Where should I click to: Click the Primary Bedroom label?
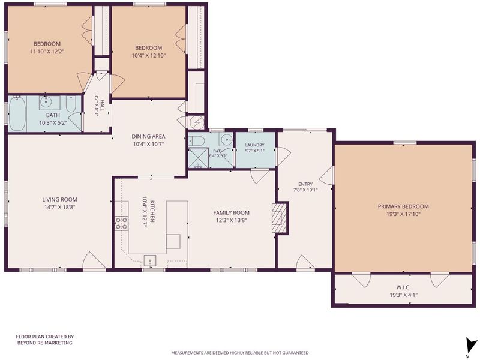pos(403,206)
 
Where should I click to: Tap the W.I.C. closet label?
pos(403,287)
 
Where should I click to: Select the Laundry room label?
pos(254,145)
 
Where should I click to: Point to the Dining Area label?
pos(148,136)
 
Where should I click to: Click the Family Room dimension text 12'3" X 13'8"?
pos(231,220)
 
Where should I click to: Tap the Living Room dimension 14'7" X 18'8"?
pos(59,207)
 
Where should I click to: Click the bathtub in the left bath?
pos(17,114)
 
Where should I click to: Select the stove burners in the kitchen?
pos(121,223)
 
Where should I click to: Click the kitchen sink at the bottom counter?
pos(150,260)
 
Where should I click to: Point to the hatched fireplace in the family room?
pos(278,218)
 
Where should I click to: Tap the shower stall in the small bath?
pos(198,158)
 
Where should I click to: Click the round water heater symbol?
pos(196,122)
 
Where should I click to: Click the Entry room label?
pos(305,184)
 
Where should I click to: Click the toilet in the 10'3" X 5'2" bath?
pos(71,104)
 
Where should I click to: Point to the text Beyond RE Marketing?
pos(44,343)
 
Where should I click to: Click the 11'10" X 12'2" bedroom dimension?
pos(47,52)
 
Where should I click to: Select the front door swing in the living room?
pos(94,261)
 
